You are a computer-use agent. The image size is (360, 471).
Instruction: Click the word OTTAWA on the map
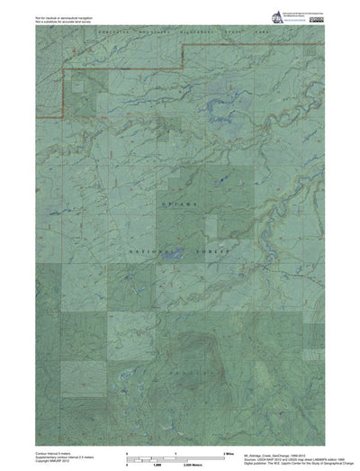coord(178,206)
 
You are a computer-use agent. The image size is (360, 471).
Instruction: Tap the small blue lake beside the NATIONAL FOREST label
coord(171,258)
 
